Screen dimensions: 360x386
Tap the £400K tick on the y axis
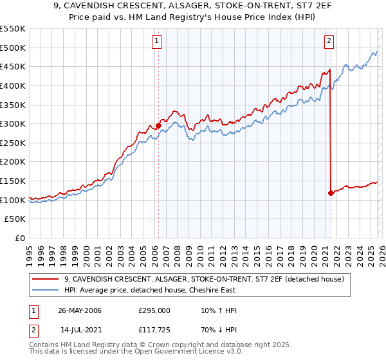[13, 85]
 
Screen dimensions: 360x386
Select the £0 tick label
[19, 238]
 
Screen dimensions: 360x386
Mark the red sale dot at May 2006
[158, 126]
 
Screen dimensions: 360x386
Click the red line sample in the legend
[46, 279]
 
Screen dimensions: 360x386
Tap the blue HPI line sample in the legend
[46, 291]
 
